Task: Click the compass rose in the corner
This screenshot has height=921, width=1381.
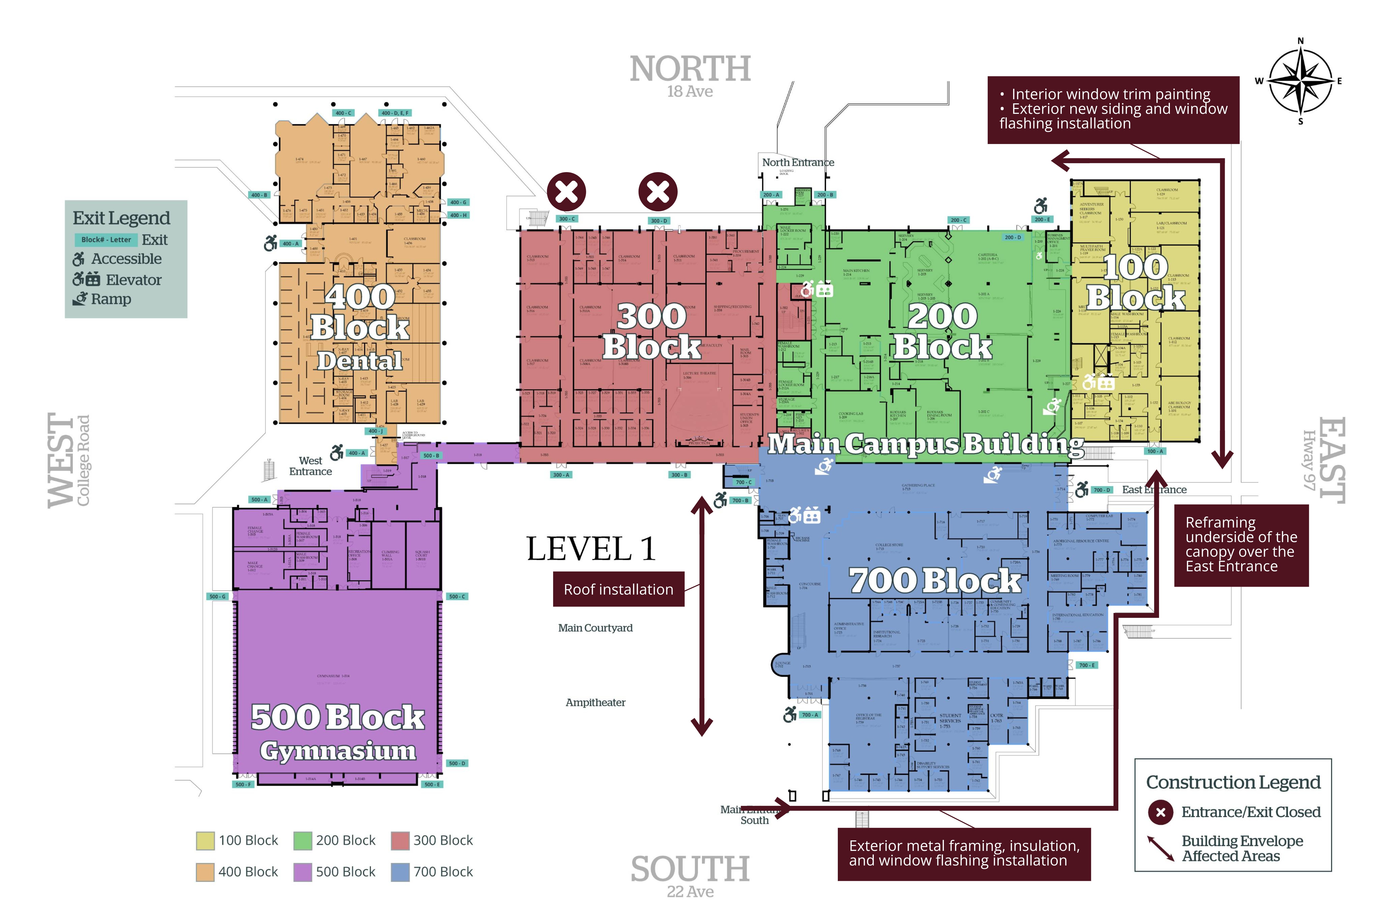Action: click(x=1300, y=81)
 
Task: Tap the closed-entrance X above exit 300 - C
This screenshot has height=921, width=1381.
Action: click(x=567, y=191)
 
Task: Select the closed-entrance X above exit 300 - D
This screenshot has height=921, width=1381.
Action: click(x=658, y=191)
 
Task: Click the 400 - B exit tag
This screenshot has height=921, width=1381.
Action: click(x=259, y=195)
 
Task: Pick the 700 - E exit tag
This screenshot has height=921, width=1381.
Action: click(x=1087, y=665)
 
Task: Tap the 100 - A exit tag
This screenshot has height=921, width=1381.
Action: click(x=1154, y=451)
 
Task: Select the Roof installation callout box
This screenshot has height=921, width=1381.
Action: click(x=618, y=589)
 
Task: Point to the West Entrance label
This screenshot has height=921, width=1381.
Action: click(x=311, y=466)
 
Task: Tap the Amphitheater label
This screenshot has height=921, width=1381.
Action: click(x=595, y=703)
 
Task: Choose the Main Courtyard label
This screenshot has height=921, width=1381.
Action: click(x=595, y=628)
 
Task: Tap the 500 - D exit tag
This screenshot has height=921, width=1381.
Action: click(x=457, y=764)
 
